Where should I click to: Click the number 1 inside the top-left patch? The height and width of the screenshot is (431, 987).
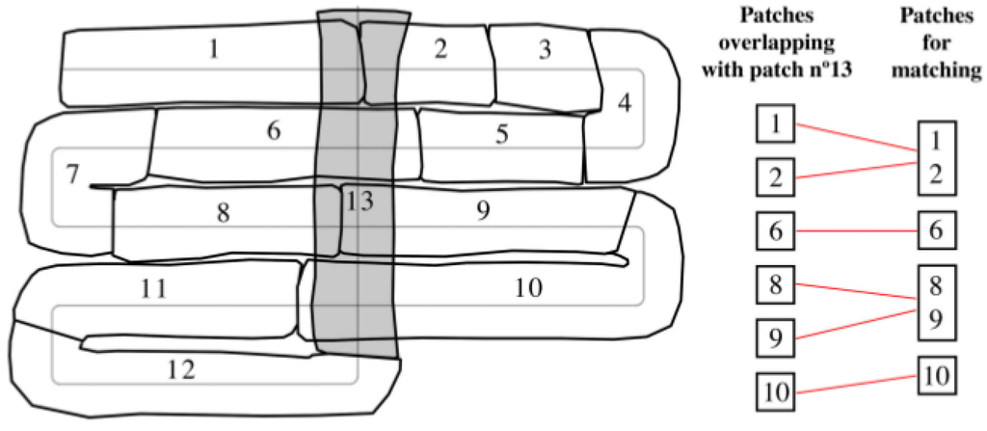tap(214, 49)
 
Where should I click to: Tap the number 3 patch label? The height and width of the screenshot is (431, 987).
tap(546, 50)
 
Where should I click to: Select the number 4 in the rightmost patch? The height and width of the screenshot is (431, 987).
tap(625, 102)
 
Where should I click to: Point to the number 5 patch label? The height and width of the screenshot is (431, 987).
tap(502, 134)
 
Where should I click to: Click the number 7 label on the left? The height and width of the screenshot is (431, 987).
tap(72, 175)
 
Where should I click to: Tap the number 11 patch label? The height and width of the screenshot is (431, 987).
tap(154, 287)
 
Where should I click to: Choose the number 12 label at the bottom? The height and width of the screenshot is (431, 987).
tap(181, 367)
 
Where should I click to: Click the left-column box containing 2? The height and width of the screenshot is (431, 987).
tap(775, 176)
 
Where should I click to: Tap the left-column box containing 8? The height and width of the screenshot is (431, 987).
tap(775, 285)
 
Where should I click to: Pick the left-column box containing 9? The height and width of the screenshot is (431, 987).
tap(775, 338)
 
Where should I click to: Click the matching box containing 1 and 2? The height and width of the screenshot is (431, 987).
tap(935, 157)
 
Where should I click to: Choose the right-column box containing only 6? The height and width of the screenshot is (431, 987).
tap(935, 231)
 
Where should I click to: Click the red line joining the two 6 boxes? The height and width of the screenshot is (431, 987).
tap(855, 231)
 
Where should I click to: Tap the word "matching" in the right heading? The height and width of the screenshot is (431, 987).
tap(937, 70)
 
